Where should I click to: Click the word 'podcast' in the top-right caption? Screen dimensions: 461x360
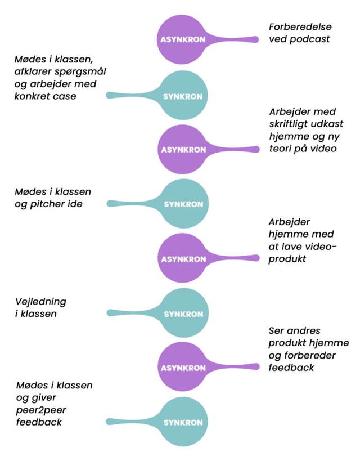coord(310,39)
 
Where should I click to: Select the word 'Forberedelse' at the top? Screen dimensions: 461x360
coord(300,26)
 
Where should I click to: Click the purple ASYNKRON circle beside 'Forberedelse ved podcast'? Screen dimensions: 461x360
coord(183,39)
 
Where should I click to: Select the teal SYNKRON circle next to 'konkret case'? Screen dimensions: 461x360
coord(183,96)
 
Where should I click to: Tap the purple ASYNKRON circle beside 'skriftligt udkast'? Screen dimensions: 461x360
coord(183,150)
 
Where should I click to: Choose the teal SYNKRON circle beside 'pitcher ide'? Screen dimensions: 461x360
coord(183,204)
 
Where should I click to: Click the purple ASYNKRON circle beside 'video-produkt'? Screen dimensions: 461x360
coord(183,259)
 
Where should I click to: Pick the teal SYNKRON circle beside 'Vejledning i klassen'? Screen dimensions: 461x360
coord(183,314)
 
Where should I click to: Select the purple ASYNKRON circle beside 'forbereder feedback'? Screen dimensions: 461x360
coord(183,368)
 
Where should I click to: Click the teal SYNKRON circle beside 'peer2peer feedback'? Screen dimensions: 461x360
coord(183,422)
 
